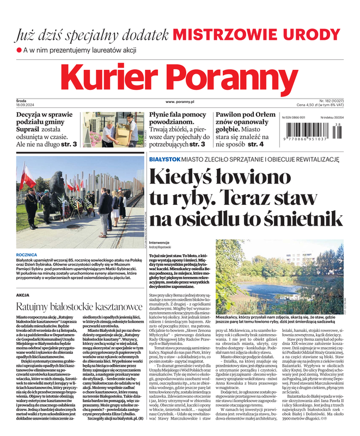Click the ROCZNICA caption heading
point(27,255)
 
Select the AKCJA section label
point(23,294)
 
